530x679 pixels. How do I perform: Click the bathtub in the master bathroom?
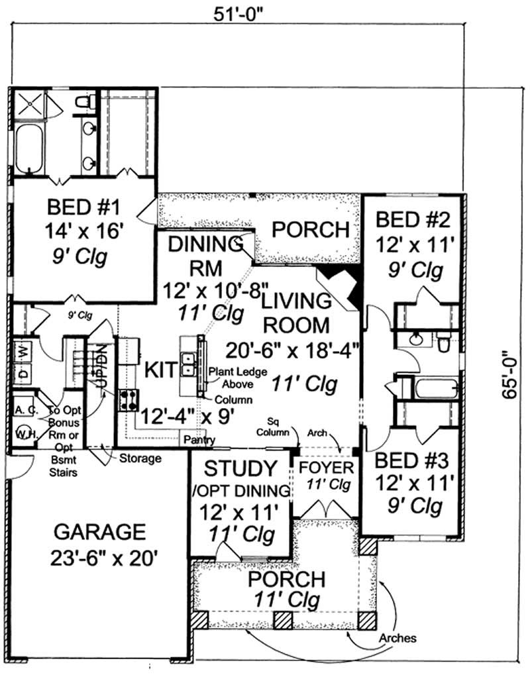29,149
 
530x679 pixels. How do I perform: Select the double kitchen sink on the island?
189,364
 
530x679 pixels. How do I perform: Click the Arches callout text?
397,639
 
